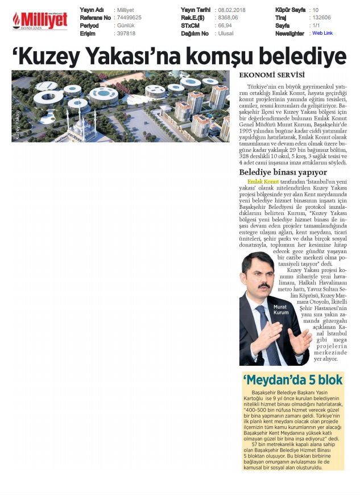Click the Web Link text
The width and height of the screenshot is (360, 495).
[322, 33]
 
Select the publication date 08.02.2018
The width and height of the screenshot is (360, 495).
[232, 10]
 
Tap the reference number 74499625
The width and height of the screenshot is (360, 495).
[129, 18]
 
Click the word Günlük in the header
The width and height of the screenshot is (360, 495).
[126, 26]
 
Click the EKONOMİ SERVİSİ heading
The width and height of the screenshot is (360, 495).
[272, 76]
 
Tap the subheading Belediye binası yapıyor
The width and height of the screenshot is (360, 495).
[283, 171]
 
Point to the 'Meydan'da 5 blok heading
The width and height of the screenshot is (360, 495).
[292, 379]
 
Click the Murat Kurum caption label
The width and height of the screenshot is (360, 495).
[282, 310]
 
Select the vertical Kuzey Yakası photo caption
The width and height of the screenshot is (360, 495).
[17, 125]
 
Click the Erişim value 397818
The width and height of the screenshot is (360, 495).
[126, 33]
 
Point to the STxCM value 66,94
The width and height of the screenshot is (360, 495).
[225, 26]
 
